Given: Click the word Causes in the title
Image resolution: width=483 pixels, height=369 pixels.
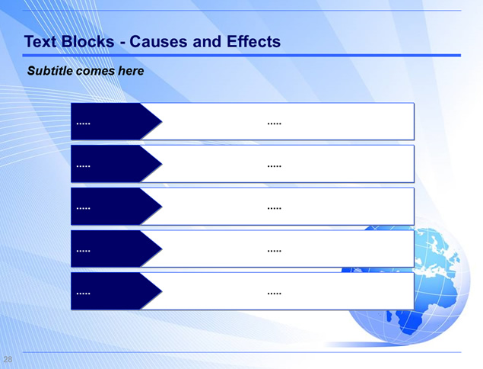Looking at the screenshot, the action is tap(158, 42).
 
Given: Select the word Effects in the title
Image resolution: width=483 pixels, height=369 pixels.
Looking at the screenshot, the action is tap(253, 42).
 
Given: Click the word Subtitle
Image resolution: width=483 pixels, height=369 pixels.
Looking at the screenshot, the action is tap(50, 71).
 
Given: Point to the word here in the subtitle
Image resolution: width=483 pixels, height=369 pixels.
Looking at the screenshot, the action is tap(131, 71).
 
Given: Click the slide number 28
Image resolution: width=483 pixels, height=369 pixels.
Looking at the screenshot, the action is tap(8, 359).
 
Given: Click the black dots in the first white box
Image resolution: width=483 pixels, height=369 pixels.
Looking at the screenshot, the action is tap(274, 124).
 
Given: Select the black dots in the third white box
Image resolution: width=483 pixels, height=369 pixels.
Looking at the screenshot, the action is tap(274, 209).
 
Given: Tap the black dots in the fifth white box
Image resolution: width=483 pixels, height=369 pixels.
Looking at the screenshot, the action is tap(274, 294).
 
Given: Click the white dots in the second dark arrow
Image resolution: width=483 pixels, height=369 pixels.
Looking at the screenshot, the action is tap(83, 166).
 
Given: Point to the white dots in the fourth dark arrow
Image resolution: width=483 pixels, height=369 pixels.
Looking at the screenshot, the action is tap(83, 251).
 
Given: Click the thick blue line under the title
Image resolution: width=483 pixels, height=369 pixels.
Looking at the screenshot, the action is tap(242, 55).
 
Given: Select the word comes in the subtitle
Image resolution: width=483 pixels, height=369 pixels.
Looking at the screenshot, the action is tap(96, 72).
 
